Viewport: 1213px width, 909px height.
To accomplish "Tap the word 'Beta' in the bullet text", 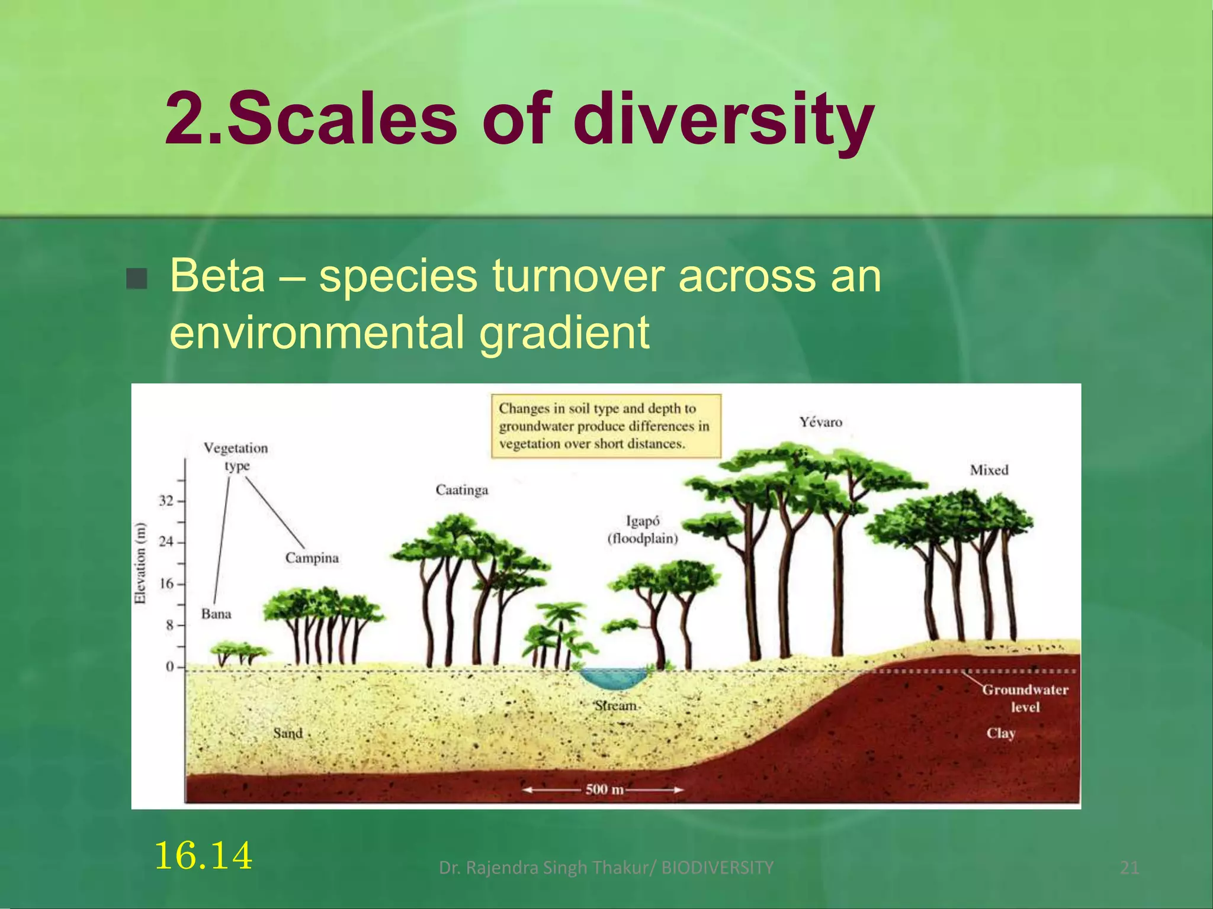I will point(217,276).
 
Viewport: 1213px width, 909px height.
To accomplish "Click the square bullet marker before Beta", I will point(137,278).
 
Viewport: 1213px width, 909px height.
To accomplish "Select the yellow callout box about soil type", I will point(606,426).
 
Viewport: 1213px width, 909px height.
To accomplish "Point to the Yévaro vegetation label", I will point(820,422).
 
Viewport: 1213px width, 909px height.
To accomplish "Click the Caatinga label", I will point(462,490).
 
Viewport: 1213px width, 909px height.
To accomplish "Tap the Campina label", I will point(312,558).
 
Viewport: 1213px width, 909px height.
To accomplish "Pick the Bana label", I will point(216,614).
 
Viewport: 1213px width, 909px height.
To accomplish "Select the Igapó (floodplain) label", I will point(643,530).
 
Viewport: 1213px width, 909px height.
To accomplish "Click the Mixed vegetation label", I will point(989,470).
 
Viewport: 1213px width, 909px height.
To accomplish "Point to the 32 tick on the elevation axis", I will point(167,501).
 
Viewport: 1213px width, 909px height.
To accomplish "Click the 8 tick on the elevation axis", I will point(170,625).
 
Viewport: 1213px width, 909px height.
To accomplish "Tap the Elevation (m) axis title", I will point(140,563).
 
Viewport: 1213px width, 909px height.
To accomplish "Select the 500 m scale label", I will point(604,789).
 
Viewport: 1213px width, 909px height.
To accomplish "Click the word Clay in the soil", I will point(1000,733).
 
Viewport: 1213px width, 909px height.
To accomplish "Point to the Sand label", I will point(288,733).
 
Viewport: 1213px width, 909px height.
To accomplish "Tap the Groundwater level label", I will point(1025,698).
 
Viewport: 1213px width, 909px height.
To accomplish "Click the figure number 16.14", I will point(203,856).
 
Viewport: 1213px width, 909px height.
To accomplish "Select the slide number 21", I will point(1129,868).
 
